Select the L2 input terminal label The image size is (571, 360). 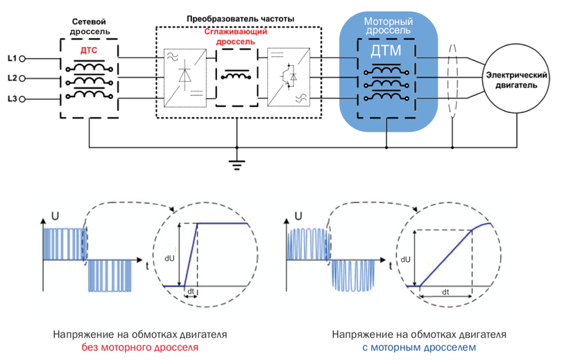(x=11, y=78)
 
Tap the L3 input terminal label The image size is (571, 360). (x=11, y=99)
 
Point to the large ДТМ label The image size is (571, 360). (x=386, y=51)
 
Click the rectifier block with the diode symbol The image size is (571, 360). (x=185, y=76)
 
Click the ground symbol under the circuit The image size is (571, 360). (x=237, y=164)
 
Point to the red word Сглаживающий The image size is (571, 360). (x=236, y=32)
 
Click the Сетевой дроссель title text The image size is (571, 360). (x=88, y=27)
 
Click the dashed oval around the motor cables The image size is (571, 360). (x=454, y=80)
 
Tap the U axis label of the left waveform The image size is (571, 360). (x=54, y=216)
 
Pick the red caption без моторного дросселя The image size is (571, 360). (x=141, y=347)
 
